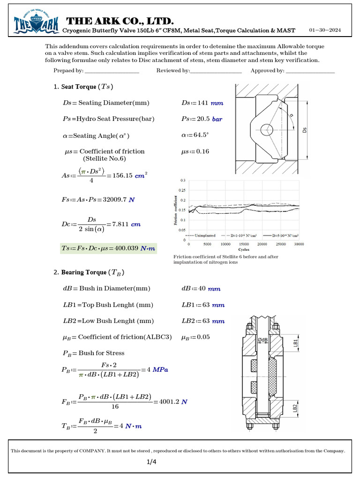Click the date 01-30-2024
(x=325, y=30)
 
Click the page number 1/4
(x=152, y=462)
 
